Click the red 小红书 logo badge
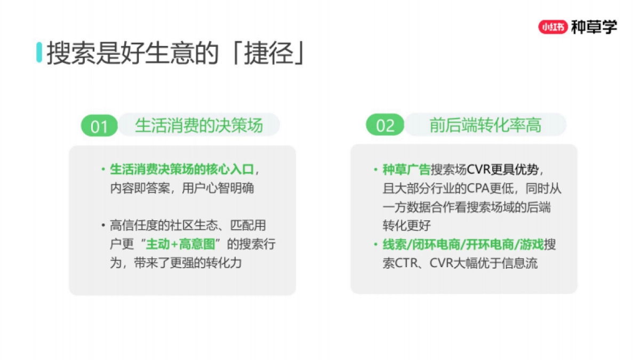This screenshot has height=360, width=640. [553, 27]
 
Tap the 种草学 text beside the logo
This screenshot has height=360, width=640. [594, 27]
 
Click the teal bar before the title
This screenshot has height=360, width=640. [39, 52]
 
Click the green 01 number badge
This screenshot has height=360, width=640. [99, 126]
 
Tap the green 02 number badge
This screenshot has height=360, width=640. [385, 126]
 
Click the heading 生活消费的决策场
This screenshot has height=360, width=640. [199, 125]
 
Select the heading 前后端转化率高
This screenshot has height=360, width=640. [485, 125]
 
